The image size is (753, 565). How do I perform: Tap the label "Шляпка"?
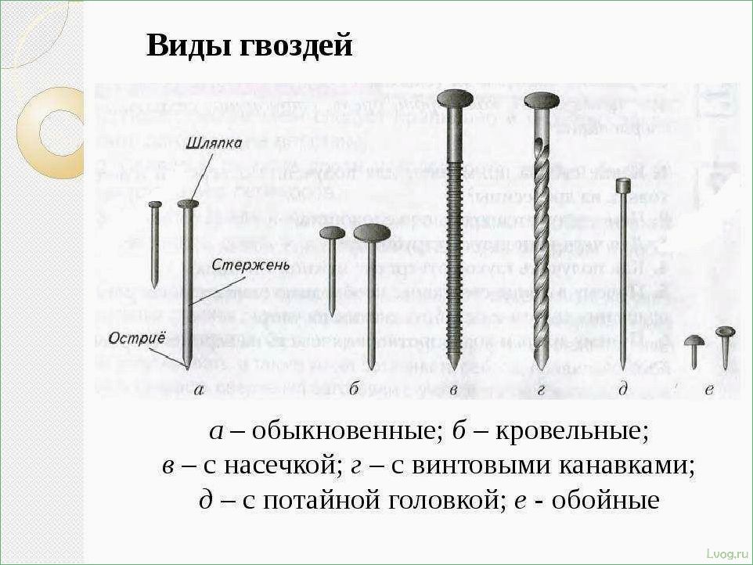click(214, 143)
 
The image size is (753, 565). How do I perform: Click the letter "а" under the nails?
click(199, 389)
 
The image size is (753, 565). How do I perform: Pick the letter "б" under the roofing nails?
click(354, 388)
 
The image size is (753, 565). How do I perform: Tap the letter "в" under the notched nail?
click(453, 389)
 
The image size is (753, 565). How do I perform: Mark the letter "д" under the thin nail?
click(623, 389)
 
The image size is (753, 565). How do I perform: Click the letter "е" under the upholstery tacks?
click(708, 389)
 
